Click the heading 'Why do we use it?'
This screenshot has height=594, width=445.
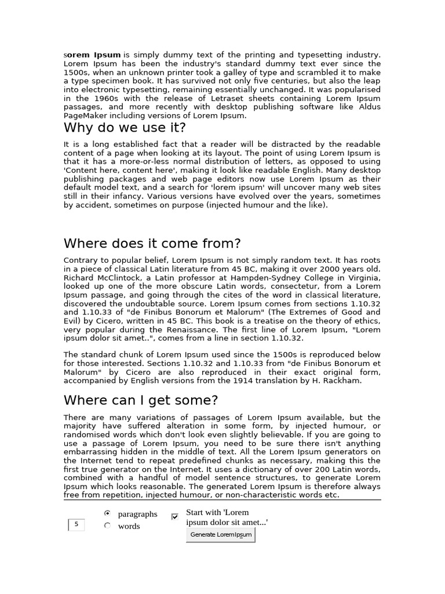tap(125, 128)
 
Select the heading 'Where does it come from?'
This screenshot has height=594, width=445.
tap(152, 243)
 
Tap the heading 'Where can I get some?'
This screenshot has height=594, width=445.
tap(141, 400)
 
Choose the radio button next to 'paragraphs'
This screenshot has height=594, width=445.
tap(107, 513)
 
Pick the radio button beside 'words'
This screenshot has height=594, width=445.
tap(107, 526)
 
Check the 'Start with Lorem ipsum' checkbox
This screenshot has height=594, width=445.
tap(175, 516)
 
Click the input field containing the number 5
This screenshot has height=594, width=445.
tap(76, 525)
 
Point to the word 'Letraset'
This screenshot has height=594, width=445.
tap(213, 99)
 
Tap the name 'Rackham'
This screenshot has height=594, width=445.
tap(344, 381)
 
